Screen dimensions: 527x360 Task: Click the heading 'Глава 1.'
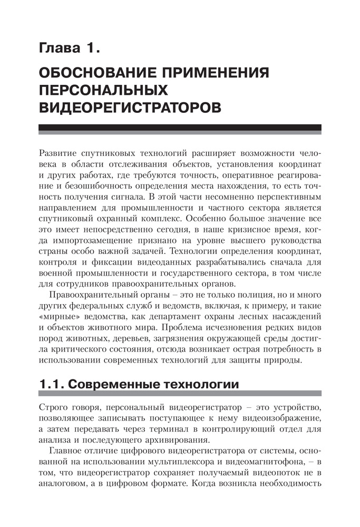point(70,50)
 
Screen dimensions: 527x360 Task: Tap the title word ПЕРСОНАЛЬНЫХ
point(104,90)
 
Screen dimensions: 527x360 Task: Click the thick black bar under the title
point(180,128)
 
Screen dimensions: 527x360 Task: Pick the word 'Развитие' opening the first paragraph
point(60,153)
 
